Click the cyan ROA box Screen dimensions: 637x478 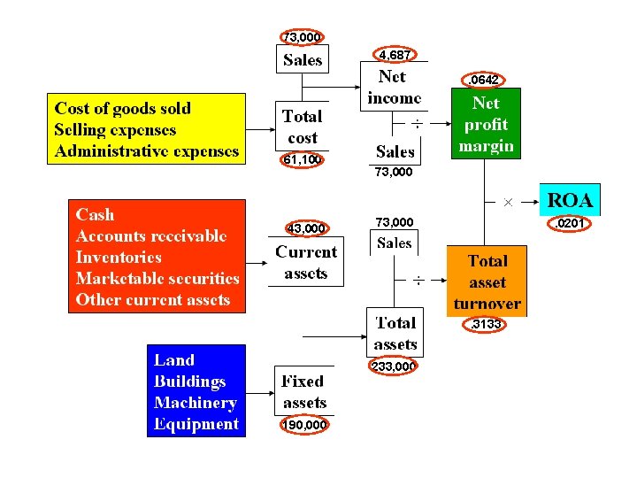coord(570,199)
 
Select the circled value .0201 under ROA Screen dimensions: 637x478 coord(569,224)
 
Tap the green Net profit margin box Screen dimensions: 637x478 coord(486,124)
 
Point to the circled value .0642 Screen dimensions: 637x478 coord(483,80)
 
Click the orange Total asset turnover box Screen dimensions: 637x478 coord(487,281)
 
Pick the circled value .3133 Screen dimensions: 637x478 coord(484,324)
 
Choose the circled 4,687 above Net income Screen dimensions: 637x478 coord(395,54)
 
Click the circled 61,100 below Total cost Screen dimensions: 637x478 coord(302,159)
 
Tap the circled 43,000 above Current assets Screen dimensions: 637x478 coord(307,228)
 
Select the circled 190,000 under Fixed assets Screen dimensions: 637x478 coord(304,425)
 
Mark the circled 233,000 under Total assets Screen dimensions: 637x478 coord(393,366)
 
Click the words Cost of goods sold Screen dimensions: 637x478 coord(123,109)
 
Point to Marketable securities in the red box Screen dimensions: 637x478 coord(157,279)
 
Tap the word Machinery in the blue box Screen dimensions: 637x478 coord(196,403)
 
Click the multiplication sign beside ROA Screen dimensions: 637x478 coord(508,202)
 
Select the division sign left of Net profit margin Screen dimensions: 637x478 coord(418,124)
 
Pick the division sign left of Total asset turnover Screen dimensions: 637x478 coord(418,281)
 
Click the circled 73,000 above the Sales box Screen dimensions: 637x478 coord(302,37)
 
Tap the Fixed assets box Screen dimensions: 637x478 coord(304,391)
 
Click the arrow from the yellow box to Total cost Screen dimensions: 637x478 coord(260,129)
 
